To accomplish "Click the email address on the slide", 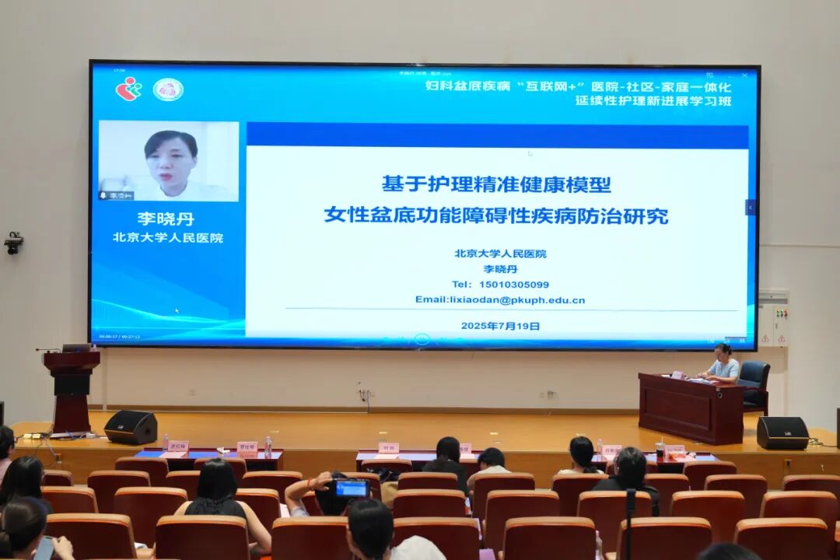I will (500, 299).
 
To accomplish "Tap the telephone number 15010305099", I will (500, 284).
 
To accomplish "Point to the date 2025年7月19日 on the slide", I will (500, 326).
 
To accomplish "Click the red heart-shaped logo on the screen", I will (129, 89).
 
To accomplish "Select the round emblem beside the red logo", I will (168, 89).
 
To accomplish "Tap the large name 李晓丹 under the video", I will (166, 219).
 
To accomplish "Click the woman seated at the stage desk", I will (723, 364).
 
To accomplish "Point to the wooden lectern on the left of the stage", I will (72, 389).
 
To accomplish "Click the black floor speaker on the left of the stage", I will (131, 427).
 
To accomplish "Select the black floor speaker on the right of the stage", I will (782, 432).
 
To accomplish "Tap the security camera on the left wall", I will (13, 243).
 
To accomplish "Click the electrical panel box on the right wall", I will (773, 319).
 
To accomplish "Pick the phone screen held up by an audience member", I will (352, 488).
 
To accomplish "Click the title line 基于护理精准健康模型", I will (496, 184).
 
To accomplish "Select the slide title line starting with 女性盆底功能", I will (496, 215).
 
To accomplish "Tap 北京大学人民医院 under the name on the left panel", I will (167, 238).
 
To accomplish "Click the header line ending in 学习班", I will (653, 100).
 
